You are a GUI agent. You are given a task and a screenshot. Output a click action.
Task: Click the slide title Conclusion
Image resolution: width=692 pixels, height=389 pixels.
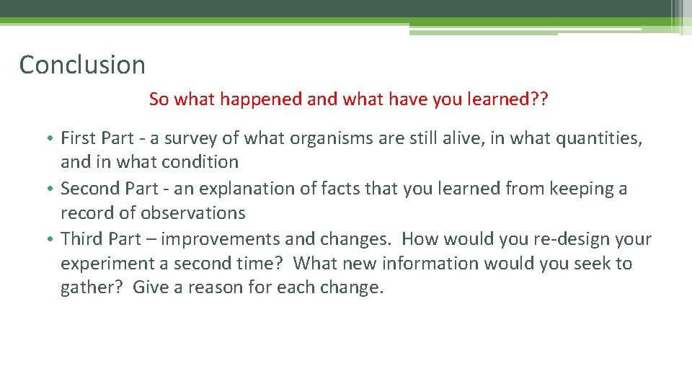tap(82, 65)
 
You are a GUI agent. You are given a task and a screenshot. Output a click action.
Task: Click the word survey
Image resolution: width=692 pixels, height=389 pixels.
tap(190, 138)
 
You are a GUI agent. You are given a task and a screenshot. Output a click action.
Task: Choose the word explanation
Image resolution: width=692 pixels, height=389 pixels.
tap(244, 189)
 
